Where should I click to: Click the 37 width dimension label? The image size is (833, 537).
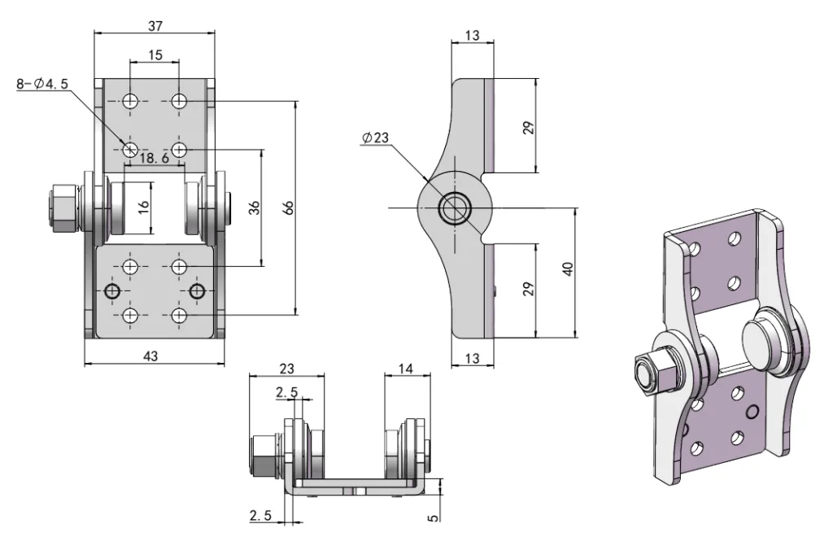[155, 26]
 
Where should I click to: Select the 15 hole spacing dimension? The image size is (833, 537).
[155, 55]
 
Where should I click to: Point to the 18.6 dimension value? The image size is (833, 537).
[154, 159]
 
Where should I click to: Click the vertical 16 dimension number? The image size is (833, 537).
[143, 207]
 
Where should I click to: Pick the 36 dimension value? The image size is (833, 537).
[254, 207]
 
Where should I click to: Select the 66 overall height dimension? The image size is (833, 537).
[287, 207]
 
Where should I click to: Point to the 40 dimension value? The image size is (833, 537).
[568, 268]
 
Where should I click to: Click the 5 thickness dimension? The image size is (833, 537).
[433, 516]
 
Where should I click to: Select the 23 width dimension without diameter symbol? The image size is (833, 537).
[286, 369]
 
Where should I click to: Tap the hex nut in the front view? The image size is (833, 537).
[62, 207]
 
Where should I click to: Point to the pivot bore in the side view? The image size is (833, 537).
[454, 207]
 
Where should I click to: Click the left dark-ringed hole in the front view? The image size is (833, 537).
[112, 291]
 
